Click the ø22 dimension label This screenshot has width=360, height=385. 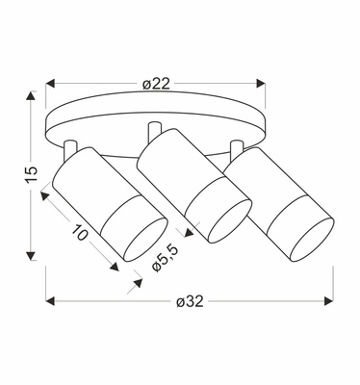156,84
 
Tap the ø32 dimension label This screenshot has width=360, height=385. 190,301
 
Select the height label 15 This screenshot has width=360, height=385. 32,175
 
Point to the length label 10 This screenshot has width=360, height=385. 79,233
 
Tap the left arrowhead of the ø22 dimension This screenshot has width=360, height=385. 51,84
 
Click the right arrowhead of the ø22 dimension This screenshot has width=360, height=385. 260,84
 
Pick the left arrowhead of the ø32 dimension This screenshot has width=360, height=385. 51,301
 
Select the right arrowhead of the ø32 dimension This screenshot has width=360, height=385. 328,301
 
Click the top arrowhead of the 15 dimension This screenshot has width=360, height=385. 31,96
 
